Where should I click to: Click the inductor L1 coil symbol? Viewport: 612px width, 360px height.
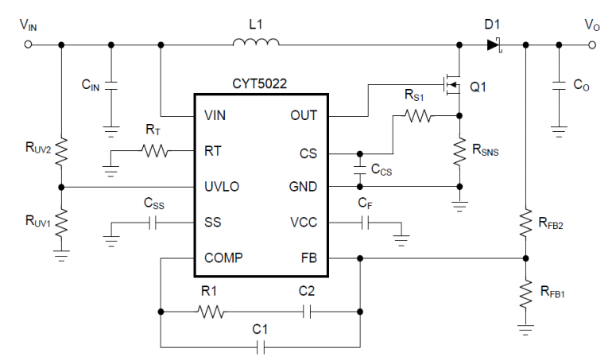(x=256, y=45)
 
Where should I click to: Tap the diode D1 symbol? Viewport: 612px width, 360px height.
(x=494, y=45)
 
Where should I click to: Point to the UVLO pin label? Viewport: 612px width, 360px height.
(x=222, y=187)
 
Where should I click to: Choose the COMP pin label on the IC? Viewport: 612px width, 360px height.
(x=223, y=257)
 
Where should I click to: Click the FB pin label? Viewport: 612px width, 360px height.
(x=308, y=257)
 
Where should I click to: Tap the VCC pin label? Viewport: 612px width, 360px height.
(x=303, y=223)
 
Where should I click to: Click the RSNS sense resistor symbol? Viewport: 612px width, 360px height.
(x=459, y=152)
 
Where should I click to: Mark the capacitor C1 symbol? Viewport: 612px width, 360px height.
(x=259, y=346)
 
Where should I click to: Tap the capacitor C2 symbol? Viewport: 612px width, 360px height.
(x=308, y=312)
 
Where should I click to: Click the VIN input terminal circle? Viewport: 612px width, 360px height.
(x=29, y=45)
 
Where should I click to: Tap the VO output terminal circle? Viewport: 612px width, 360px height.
(x=591, y=45)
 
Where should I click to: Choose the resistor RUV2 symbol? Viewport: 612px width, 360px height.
(x=61, y=150)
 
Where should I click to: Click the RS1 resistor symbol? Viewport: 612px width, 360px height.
(x=418, y=117)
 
